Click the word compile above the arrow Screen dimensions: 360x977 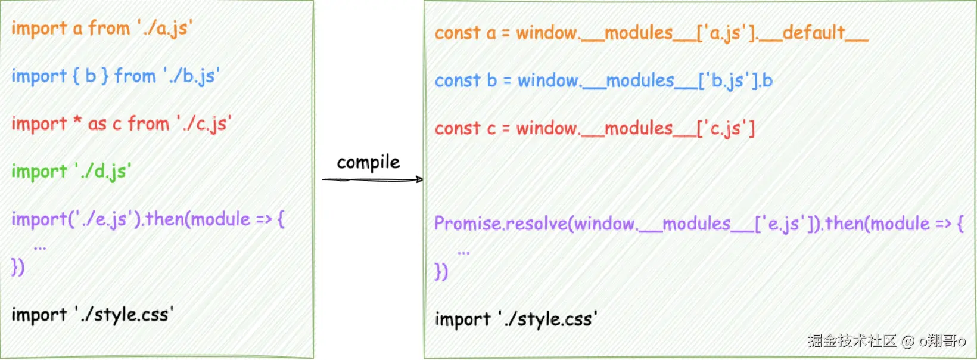[x=368, y=163]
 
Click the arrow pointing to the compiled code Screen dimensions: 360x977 [x=372, y=179]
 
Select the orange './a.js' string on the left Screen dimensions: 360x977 [x=164, y=28]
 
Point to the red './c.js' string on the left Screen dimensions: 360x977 [x=204, y=123]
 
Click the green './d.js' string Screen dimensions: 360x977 [x=103, y=171]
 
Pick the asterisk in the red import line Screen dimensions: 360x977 [x=77, y=121]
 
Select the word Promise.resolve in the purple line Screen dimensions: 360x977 [x=499, y=224]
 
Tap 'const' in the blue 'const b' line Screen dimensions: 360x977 [x=457, y=80]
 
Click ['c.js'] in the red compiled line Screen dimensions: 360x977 [x=726, y=128]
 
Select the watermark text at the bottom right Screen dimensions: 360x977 [x=886, y=341]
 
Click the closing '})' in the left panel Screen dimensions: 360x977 [x=18, y=266]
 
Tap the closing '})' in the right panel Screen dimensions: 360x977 [x=441, y=271]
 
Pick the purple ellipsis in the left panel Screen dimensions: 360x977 [x=40, y=246]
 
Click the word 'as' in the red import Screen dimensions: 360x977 [x=97, y=124]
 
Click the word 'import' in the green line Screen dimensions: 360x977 [x=39, y=172]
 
